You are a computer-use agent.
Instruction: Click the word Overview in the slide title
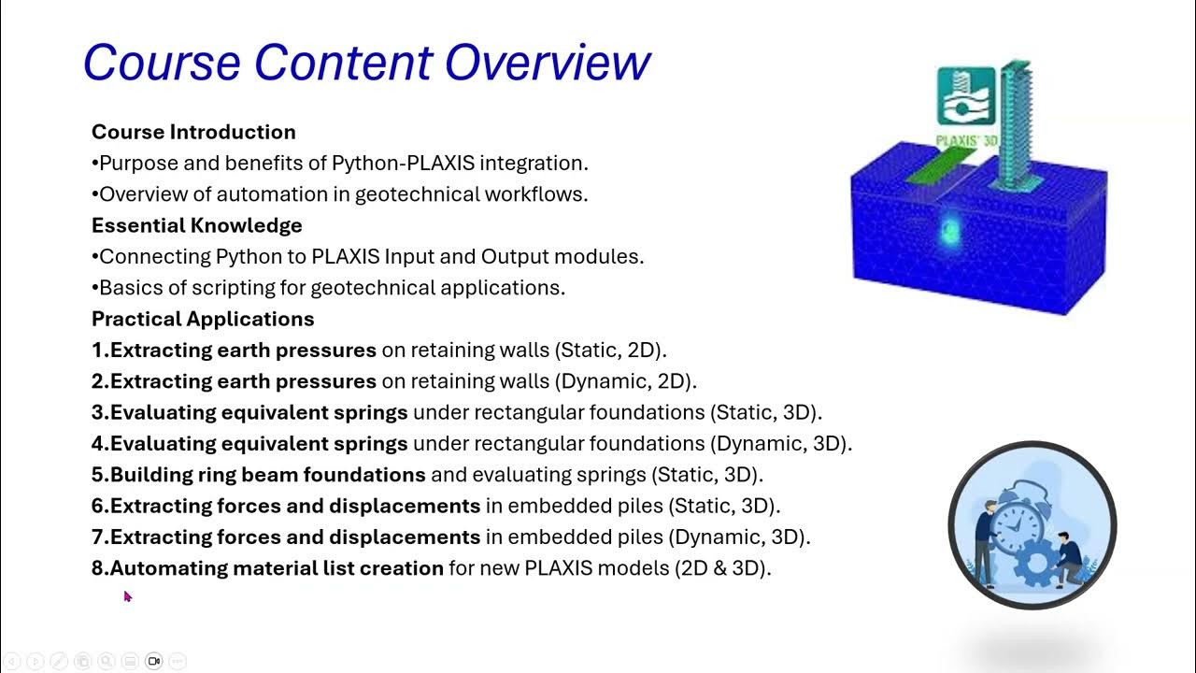coord(547,63)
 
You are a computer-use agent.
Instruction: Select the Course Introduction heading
coord(193,132)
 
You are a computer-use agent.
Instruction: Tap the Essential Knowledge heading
coord(196,225)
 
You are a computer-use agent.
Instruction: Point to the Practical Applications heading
coord(203,319)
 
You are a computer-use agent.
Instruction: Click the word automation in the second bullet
coord(249,194)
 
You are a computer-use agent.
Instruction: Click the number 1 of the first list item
coord(97,351)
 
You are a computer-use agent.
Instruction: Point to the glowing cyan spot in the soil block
coord(949,230)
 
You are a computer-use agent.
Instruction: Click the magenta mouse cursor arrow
coord(127,595)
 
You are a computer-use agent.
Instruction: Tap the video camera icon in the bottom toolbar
coord(154,661)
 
